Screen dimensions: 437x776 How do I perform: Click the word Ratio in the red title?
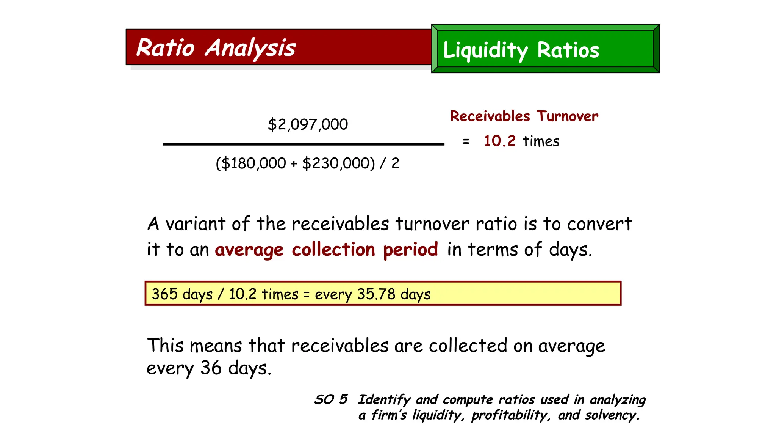pos(165,48)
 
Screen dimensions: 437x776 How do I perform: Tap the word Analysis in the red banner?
pos(250,48)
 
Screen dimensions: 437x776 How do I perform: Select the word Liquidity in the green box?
pos(485,50)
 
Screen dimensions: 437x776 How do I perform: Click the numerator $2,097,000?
pos(308,124)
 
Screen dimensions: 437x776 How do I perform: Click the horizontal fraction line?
pos(303,144)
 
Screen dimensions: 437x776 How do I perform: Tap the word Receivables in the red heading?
pos(490,116)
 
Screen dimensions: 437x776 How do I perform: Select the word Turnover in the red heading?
pos(567,116)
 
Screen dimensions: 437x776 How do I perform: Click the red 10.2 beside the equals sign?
pos(499,141)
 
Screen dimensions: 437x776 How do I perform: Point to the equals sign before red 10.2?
pos(466,142)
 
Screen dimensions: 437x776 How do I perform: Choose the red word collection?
pos(333,250)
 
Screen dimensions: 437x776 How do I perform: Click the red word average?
pos(249,250)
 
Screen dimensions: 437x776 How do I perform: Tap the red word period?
pos(410,250)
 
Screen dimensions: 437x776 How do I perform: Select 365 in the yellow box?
pos(164,294)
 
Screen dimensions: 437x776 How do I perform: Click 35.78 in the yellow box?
pos(376,294)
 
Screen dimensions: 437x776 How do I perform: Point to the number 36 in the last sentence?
pos(211,368)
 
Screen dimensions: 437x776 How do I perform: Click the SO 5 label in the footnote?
pos(331,399)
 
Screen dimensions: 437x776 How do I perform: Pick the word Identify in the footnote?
pos(384,400)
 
